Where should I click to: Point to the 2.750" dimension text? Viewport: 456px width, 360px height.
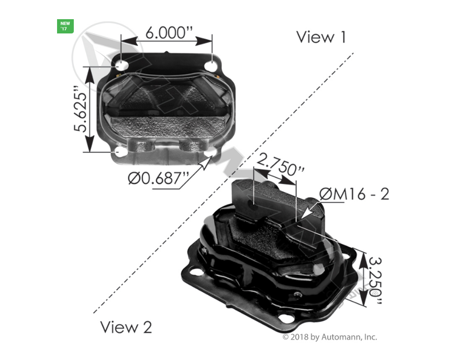(281, 165)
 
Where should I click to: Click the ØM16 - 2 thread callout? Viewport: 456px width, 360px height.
(354, 194)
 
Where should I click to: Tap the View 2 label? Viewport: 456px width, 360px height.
(126, 327)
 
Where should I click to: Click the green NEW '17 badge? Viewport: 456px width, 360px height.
(65, 26)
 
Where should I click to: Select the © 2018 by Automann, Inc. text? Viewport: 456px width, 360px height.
(330, 337)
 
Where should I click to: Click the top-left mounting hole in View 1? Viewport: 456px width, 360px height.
(122, 65)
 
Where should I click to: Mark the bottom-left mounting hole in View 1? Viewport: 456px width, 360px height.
(121, 152)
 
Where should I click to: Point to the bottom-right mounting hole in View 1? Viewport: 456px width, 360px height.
(211, 153)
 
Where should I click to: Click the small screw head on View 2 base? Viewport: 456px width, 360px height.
(298, 294)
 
